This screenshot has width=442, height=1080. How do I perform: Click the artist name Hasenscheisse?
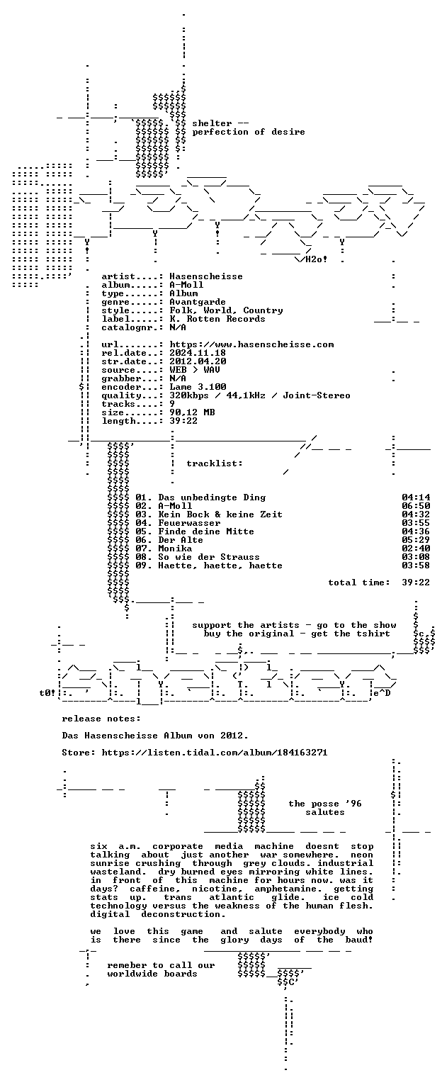(206, 276)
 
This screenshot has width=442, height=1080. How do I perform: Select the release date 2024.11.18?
(198, 352)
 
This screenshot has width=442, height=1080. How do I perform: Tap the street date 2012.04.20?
(198, 361)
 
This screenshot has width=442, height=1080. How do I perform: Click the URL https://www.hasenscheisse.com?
(251, 344)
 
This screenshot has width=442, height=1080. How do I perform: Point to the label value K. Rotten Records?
(217, 319)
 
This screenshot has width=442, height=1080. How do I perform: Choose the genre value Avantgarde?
(198, 302)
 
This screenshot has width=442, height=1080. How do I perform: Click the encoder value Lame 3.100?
(198, 387)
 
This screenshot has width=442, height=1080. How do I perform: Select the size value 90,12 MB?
(192, 412)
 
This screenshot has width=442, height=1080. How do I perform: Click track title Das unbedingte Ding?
(212, 497)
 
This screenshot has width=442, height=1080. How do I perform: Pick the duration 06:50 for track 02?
(416, 506)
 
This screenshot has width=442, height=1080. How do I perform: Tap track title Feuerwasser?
(189, 523)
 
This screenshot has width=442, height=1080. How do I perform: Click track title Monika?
(175, 549)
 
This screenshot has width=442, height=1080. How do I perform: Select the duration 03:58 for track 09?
(416, 565)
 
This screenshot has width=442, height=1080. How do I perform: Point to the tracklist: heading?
(215, 463)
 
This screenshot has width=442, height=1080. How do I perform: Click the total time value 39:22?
(416, 583)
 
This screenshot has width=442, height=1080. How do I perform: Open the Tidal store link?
(215, 752)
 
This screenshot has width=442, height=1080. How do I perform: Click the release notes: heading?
(101, 719)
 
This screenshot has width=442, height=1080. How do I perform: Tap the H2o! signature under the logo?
(317, 259)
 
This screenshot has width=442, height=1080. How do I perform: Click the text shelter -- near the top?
(220, 123)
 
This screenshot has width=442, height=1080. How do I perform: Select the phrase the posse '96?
(325, 804)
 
